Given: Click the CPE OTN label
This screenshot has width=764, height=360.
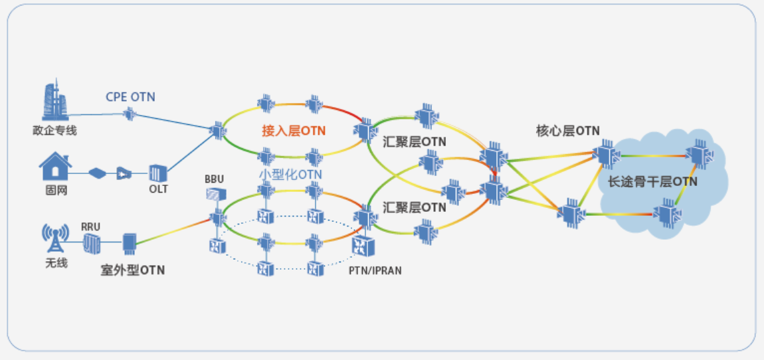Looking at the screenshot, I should (x=130, y=97).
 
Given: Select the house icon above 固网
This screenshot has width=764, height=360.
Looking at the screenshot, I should (x=55, y=166).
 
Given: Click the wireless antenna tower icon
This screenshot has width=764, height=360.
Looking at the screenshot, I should (x=55, y=238).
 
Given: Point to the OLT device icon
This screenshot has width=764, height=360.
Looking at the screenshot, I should (x=157, y=173).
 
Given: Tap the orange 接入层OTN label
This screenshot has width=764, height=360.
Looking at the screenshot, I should (x=294, y=131).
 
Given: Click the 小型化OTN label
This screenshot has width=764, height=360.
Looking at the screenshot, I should (x=290, y=175).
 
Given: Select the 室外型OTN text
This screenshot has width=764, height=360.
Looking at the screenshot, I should (x=133, y=270).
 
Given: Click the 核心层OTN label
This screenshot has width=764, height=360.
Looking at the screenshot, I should (x=568, y=131).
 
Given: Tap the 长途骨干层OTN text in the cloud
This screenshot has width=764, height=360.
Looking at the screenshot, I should (x=652, y=181).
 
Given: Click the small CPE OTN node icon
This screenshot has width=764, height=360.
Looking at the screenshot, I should (x=130, y=115).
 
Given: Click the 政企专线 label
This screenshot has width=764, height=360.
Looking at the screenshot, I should (x=54, y=131).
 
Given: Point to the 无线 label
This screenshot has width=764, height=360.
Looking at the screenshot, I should (x=56, y=263).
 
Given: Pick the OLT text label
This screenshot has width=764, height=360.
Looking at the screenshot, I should (x=158, y=189).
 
